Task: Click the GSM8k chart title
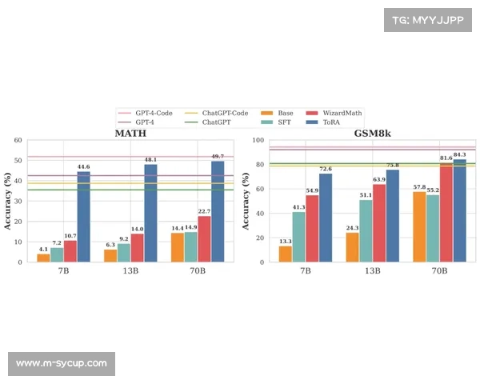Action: point(372,132)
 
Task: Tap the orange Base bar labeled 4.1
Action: point(43,258)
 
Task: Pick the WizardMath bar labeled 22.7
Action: point(204,238)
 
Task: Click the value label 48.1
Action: point(150,159)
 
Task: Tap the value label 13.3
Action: point(285,241)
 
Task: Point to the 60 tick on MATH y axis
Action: point(18,140)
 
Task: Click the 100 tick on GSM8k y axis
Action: point(258,140)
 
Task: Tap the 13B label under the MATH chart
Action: point(130,271)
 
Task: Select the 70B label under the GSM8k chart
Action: point(439,271)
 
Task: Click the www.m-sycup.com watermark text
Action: point(61,363)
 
